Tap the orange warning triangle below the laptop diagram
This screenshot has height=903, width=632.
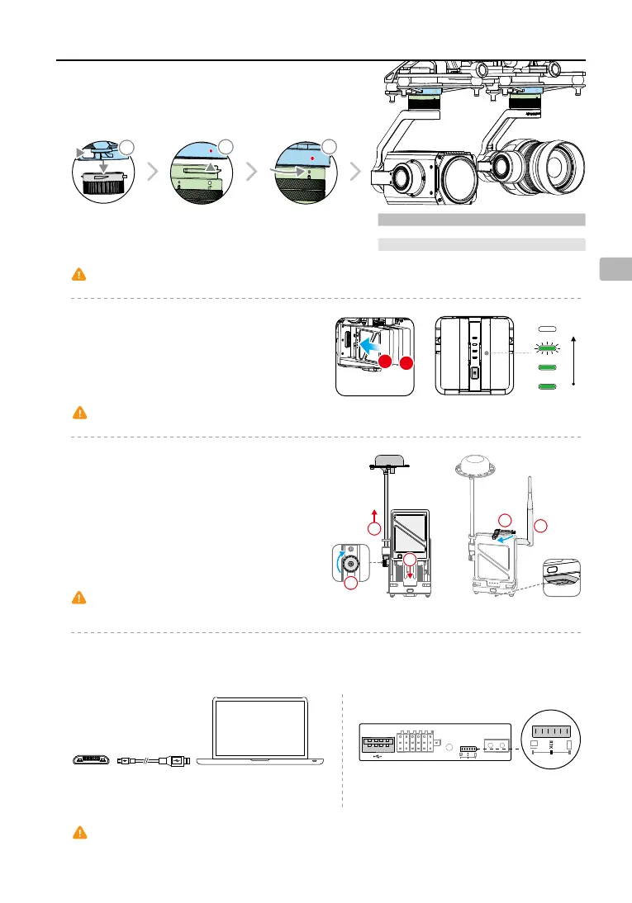click(x=81, y=832)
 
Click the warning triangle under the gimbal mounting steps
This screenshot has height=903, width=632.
click(x=81, y=275)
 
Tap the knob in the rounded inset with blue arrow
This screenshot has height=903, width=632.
click(x=352, y=565)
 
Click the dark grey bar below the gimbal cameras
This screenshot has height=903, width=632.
click(x=481, y=220)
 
